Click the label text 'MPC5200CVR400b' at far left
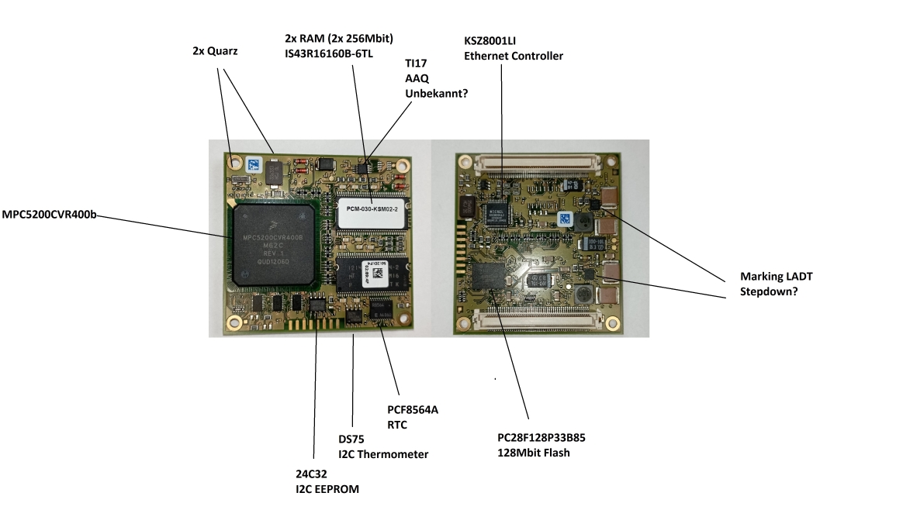(x=49, y=215)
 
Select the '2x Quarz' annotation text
(x=215, y=51)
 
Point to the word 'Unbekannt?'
(x=437, y=93)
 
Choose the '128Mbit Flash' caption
(x=534, y=453)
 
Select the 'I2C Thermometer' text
(x=383, y=454)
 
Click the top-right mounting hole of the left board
(x=401, y=165)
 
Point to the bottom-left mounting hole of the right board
(x=464, y=316)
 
